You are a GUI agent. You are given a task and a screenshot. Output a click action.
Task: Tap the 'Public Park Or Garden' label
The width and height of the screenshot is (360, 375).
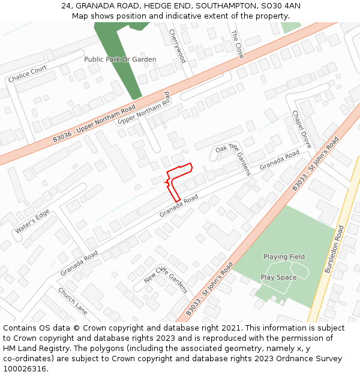coord(120,59)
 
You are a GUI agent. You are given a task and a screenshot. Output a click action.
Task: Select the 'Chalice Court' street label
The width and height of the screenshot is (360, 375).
coord(28,74)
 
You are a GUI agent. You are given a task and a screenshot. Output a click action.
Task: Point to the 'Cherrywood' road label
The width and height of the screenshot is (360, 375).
coord(178,46)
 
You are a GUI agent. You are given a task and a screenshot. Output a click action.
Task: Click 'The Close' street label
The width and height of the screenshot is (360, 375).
coord(238,44)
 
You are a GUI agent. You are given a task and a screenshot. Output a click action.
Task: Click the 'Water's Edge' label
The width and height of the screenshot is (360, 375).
coord(32,222)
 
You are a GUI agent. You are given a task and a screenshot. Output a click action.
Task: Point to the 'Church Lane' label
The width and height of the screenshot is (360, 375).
coord(73,301)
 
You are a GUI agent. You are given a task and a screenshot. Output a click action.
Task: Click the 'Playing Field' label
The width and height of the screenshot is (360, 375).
coord(284,257)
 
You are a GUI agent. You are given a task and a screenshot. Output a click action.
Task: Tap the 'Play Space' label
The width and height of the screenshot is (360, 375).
coord(278,277)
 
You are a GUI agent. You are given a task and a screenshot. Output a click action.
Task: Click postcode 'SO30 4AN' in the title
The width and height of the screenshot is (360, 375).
coord(282,6)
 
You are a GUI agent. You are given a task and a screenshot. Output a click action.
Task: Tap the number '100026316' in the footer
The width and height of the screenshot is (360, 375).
coord(25,369)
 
